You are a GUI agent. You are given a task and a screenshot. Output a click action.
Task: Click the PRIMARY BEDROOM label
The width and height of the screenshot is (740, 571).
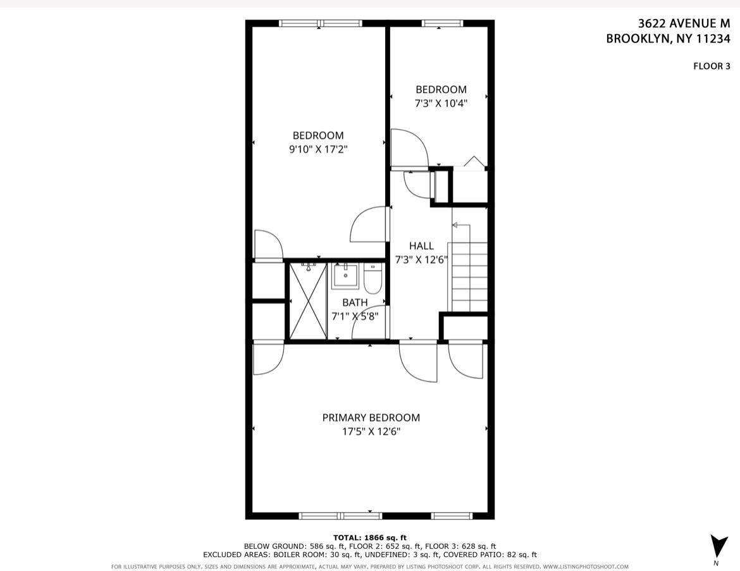[x=371, y=417]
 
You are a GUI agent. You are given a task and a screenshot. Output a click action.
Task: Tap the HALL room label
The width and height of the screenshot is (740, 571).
[x=421, y=246]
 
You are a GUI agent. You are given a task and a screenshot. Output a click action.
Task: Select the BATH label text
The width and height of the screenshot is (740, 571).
[x=354, y=303]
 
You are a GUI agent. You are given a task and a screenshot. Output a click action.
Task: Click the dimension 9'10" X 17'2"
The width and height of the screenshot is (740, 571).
[x=319, y=149]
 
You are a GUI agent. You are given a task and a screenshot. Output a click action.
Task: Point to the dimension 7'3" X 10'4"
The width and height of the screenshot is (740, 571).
[x=440, y=103]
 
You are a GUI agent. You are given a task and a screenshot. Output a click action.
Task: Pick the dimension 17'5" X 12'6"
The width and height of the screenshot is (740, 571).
[x=371, y=432]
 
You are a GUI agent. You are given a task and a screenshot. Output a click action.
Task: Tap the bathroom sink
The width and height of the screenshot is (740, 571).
[x=345, y=276]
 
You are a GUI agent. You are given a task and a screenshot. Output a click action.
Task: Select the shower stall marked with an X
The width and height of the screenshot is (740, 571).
[x=307, y=301]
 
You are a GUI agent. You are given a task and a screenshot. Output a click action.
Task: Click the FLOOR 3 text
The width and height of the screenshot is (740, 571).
[x=712, y=66]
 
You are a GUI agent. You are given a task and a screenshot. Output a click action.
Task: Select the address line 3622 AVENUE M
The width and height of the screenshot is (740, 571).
[x=684, y=23]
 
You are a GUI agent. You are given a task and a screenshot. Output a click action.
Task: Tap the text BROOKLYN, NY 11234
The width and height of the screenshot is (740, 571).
[x=668, y=39]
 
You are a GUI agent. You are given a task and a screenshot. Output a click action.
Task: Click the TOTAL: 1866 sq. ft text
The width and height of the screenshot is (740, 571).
[x=370, y=537]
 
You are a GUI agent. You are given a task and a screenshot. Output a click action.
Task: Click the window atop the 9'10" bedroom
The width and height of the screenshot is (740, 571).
[x=320, y=24]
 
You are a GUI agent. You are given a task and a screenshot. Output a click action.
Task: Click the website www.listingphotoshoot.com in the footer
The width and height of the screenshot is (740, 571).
[x=585, y=567]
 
